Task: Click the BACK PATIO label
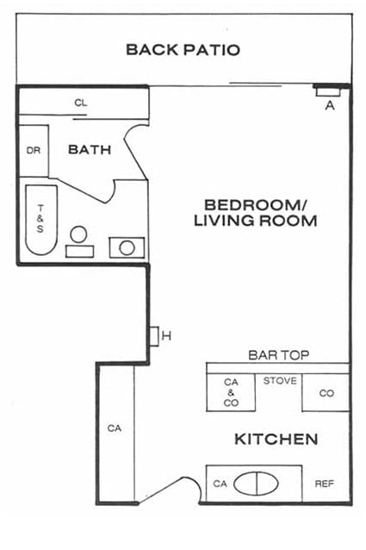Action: point(183,49)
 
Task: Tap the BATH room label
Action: point(90,150)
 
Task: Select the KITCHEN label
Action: point(276,439)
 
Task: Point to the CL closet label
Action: point(81,103)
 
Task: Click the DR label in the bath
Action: point(34,151)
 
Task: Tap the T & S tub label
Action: point(40,218)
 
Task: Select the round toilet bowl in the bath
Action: point(78,234)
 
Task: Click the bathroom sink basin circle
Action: point(127,248)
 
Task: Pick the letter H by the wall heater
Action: point(166,336)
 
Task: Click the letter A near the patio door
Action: point(330,105)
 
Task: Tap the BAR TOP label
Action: point(279,355)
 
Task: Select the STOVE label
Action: point(280,380)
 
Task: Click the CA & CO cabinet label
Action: point(231,392)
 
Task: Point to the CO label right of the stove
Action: point(326,393)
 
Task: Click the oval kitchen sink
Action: point(256,484)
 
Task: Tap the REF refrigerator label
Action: point(325,484)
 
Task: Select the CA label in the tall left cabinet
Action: point(115,428)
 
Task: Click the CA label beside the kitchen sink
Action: point(220,484)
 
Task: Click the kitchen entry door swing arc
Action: point(194,483)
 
